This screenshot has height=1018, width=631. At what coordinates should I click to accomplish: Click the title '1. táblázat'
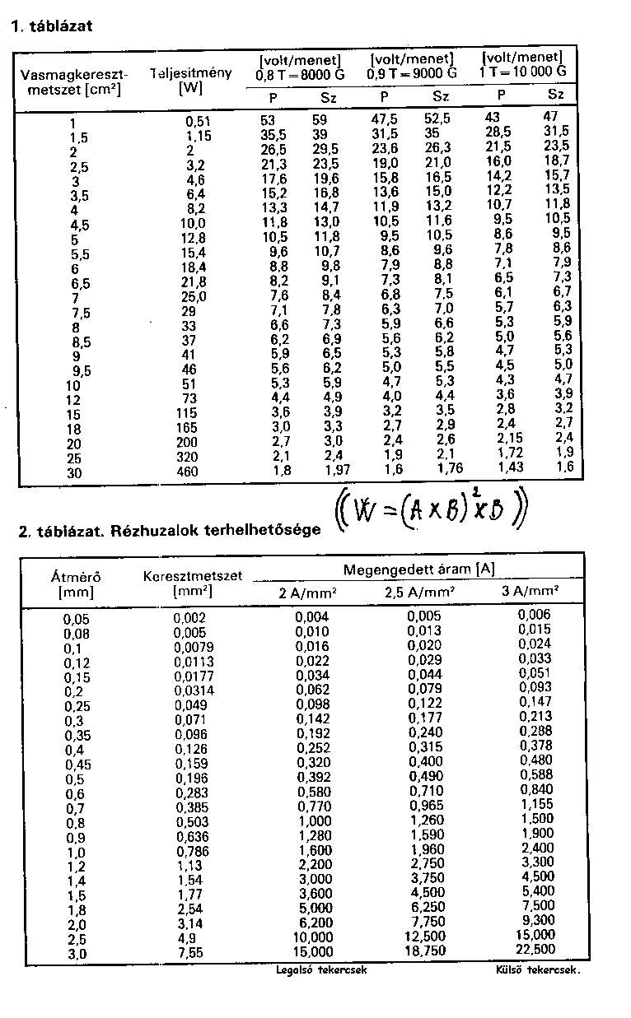click(51, 26)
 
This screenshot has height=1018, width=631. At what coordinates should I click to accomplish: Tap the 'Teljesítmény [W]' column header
click(190, 80)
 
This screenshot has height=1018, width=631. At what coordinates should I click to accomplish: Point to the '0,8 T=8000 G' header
click(300, 74)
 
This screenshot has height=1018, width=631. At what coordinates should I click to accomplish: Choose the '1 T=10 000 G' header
click(523, 72)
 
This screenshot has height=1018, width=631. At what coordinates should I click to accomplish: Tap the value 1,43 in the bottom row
click(510, 467)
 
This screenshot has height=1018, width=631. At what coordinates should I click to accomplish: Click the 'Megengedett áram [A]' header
click(418, 569)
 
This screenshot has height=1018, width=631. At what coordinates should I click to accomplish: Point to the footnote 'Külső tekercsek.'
click(532, 970)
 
